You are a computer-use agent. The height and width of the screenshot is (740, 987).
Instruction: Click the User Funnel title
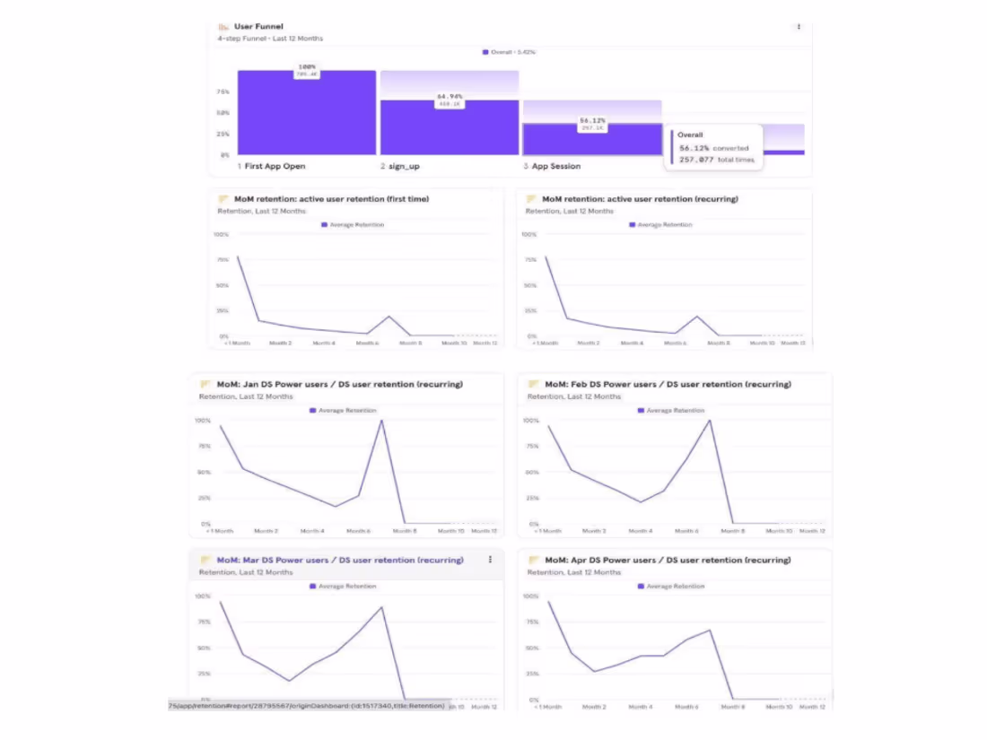tap(258, 27)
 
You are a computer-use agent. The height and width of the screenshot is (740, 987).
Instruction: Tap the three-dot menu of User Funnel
tap(799, 27)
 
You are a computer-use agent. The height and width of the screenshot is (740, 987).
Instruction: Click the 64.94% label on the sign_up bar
tap(450, 96)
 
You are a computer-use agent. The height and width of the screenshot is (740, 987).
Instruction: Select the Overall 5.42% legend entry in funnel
tap(512, 52)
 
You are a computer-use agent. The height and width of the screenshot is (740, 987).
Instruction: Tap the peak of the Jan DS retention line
tap(382, 421)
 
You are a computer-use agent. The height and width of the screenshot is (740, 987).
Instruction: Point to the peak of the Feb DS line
tap(710, 421)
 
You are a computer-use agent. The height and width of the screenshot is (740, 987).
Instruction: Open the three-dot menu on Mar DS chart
tap(490, 560)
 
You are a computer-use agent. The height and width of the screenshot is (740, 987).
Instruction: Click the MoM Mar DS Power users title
tap(339, 560)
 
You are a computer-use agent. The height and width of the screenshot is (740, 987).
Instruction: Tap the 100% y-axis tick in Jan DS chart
tap(202, 421)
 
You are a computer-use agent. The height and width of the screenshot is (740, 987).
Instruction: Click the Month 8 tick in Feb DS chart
tap(734, 531)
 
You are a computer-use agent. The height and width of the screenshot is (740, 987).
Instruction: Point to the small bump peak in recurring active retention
tap(696, 317)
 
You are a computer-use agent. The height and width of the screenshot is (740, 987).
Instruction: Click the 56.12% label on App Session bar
tap(592, 120)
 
